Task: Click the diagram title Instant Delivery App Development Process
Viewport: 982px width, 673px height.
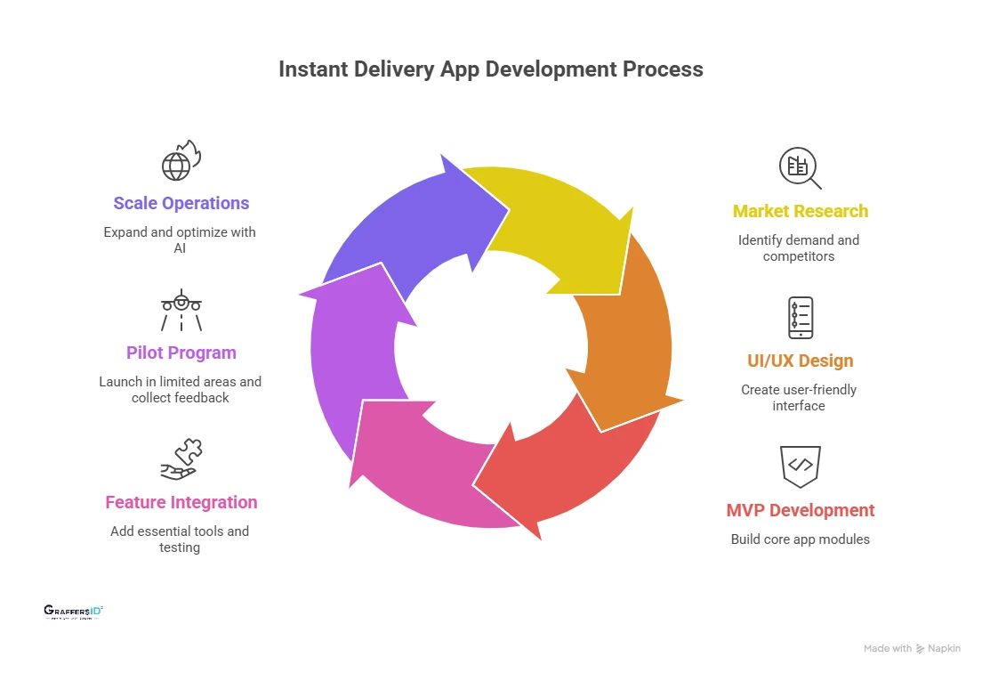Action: coord(490,69)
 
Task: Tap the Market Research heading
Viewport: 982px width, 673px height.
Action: coord(800,212)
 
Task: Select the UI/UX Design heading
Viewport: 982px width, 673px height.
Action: coord(800,361)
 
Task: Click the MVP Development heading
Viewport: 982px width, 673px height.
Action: coord(800,511)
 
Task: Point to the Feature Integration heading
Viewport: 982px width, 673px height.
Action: coord(181,503)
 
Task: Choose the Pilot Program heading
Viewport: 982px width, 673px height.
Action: coord(181,353)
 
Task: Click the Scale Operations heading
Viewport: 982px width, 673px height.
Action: coord(181,204)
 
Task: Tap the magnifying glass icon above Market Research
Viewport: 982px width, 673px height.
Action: coord(800,168)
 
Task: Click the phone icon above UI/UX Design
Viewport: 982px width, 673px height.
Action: coord(800,318)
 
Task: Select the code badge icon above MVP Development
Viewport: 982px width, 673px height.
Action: coord(800,466)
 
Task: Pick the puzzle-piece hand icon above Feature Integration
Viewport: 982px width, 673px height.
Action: coord(181,459)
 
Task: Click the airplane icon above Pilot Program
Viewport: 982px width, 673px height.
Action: coord(181,310)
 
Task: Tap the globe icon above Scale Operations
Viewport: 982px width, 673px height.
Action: coord(181,160)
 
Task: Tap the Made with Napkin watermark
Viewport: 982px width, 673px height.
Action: coord(912,649)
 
